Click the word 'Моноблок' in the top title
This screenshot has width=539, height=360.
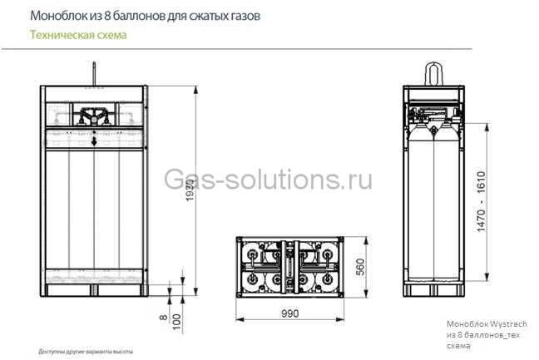[56, 16]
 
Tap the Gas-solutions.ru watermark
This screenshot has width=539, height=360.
[268, 180]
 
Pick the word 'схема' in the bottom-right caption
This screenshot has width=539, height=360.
[458, 344]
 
